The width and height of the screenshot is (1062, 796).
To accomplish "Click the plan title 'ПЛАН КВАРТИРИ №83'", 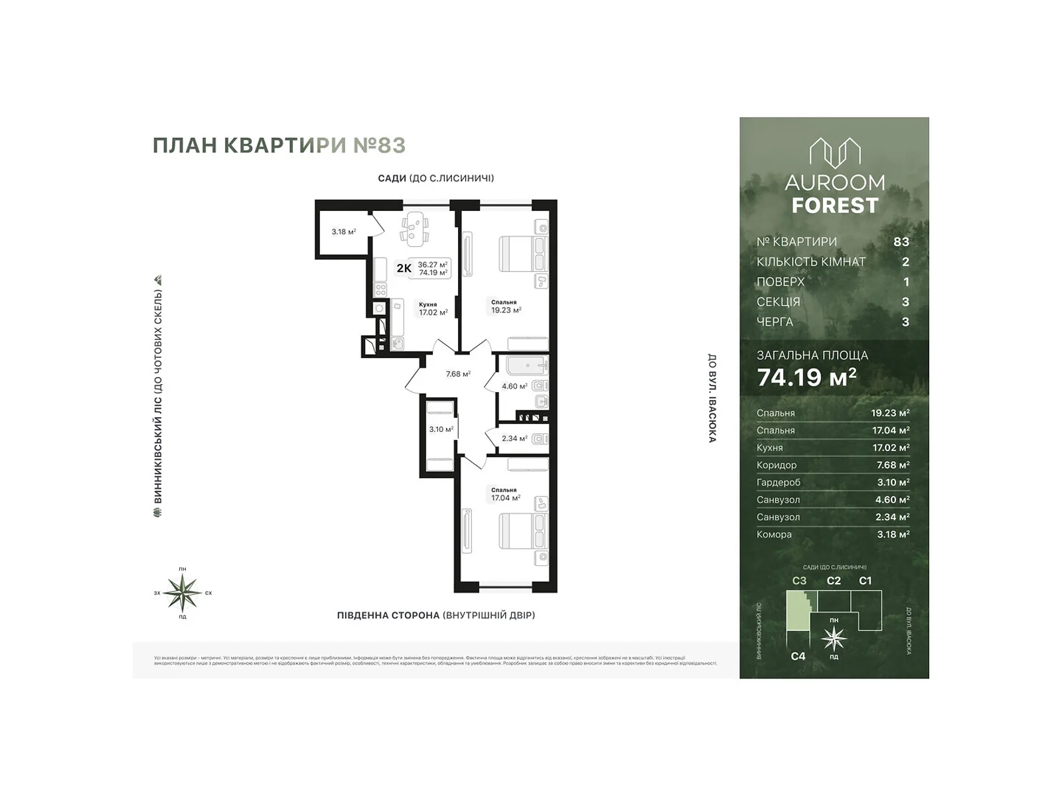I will (x=279, y=145).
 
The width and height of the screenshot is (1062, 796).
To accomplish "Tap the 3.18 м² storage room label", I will (x=344, y=232).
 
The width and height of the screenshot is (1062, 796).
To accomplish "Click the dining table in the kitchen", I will (x=414, y=227).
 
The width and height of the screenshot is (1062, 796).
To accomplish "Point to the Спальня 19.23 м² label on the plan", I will (x=506, y=306).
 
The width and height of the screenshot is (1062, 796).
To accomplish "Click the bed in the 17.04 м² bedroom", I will (x=523, y=531).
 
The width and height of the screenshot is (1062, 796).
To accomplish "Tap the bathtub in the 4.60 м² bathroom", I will (x=526, y=365).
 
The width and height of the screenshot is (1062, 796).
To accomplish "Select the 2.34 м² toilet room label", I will (x=514, y=438).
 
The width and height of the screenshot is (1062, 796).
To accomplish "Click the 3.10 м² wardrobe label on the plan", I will (x=441, y=429).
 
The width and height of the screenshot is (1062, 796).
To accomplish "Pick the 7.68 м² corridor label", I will (x=458, y=374).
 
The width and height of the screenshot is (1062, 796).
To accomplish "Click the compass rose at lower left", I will (x=183, y=592).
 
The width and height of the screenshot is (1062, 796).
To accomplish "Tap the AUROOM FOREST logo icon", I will (x=834, y=153).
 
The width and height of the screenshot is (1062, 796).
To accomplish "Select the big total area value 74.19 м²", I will (x=806, y=377).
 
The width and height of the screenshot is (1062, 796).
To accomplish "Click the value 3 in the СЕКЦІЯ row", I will (x=905, y=302).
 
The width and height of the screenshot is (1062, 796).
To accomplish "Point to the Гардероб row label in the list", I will (x=778, y=482).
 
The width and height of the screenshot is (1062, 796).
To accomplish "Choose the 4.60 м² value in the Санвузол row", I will (x=889, y=499).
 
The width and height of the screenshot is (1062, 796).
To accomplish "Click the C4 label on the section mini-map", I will (x=798, y=656).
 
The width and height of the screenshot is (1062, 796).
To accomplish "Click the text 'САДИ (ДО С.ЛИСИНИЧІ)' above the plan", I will (x=435, y=178).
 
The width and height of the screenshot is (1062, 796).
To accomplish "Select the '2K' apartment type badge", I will (x=404, y=269).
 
